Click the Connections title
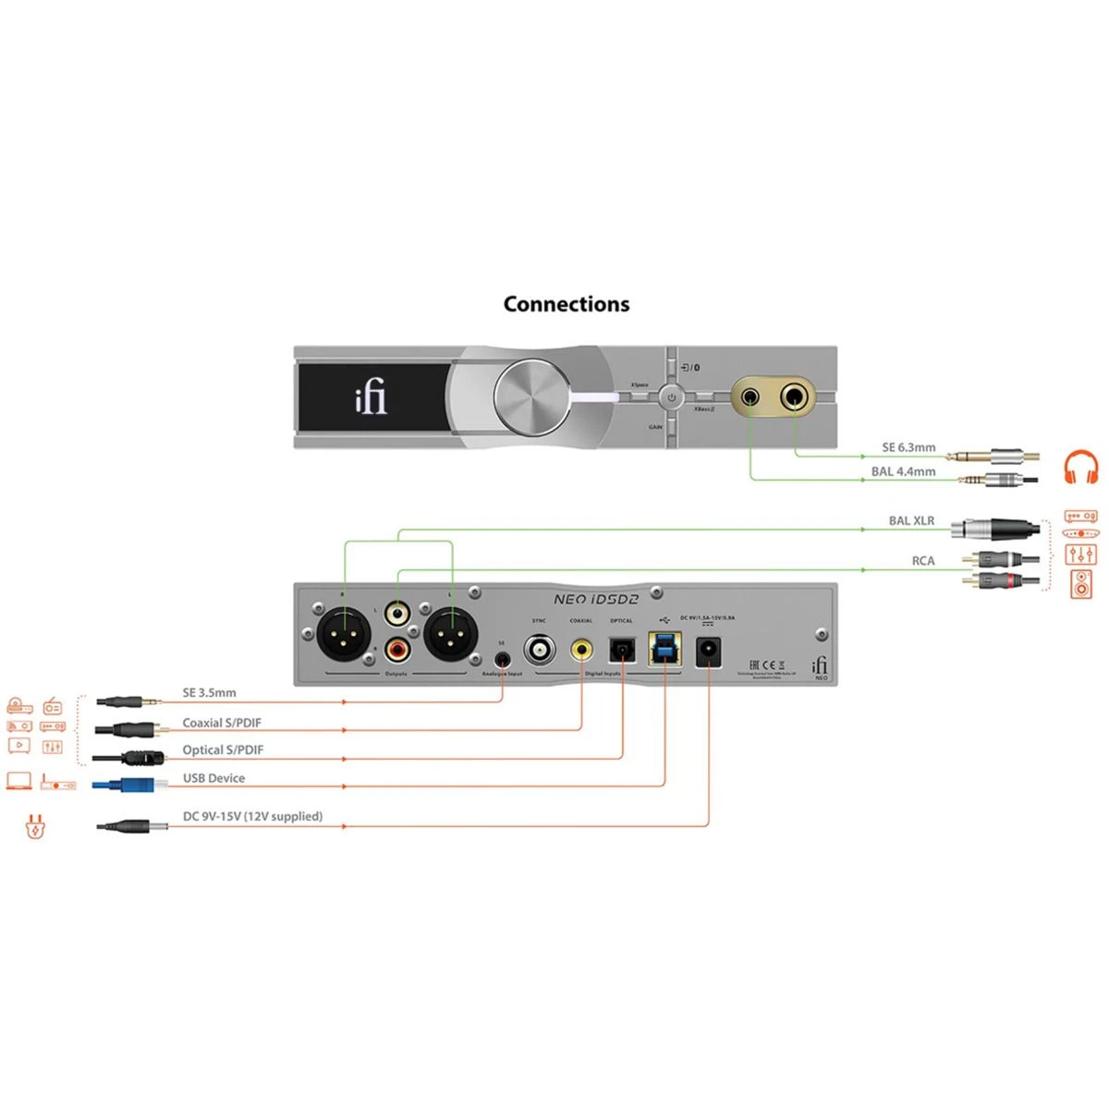[566, 304]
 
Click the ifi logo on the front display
[371, 398]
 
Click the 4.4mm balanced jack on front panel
[750, 397]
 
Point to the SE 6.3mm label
[908, 447]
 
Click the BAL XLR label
[911, 520]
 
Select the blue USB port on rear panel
[664, 649]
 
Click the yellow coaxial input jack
[581, 650]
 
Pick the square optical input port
[622, 651]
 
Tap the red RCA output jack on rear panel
[398, 651]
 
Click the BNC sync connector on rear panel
[540, 649]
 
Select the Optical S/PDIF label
[223, 750]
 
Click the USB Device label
[213, 778]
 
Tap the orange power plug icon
[34, 825]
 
